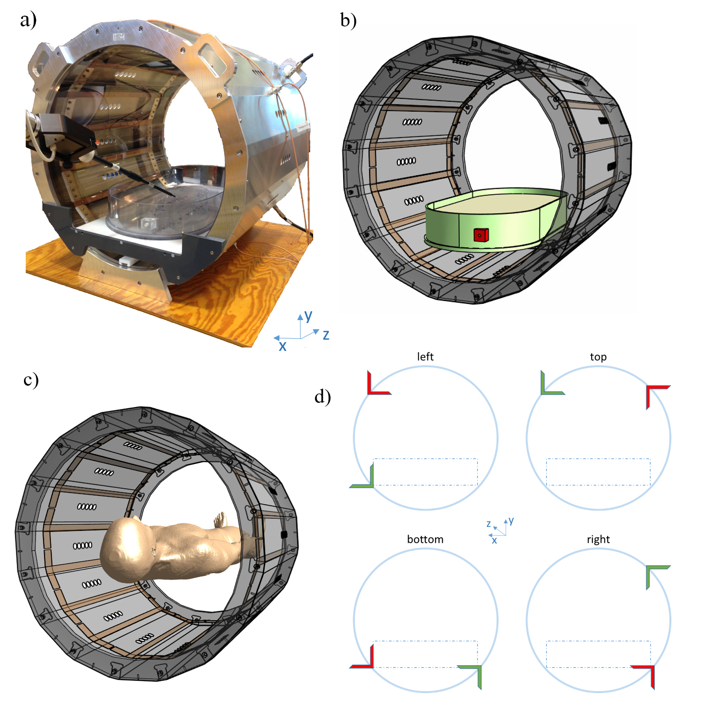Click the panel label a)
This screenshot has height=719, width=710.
click(28, 20)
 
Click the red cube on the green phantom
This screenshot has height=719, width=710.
click(481, 235)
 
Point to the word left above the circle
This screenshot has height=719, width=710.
click(425, 357)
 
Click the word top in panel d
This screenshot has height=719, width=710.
click(598, 357)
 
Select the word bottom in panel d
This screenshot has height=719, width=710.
click(425, 539)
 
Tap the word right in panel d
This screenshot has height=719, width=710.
click(598, 540)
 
